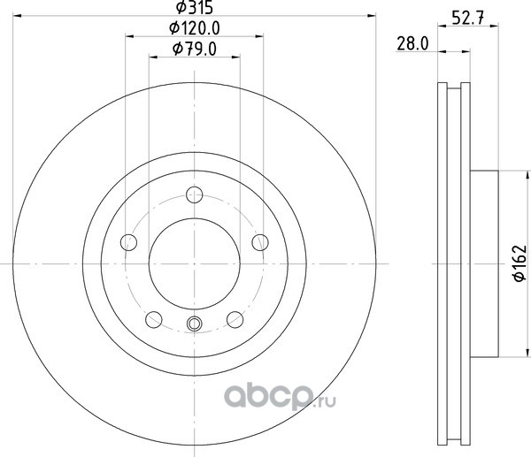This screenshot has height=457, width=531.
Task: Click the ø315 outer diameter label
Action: pos(195,7)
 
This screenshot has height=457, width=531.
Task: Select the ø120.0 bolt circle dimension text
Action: pos(195,28)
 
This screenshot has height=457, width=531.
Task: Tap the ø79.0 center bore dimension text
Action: pos(195,49)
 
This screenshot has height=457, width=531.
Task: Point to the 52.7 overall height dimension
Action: pos(468,18)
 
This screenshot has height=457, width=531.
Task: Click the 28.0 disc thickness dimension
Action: pos(412,44)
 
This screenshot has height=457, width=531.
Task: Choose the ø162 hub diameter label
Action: pos(520,263)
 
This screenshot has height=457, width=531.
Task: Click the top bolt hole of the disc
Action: pos(195,194)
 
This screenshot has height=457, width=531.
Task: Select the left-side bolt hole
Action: pos(128,242)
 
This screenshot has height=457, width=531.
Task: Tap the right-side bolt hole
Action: pos(260,242)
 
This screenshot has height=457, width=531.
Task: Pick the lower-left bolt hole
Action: pos(154,320)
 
